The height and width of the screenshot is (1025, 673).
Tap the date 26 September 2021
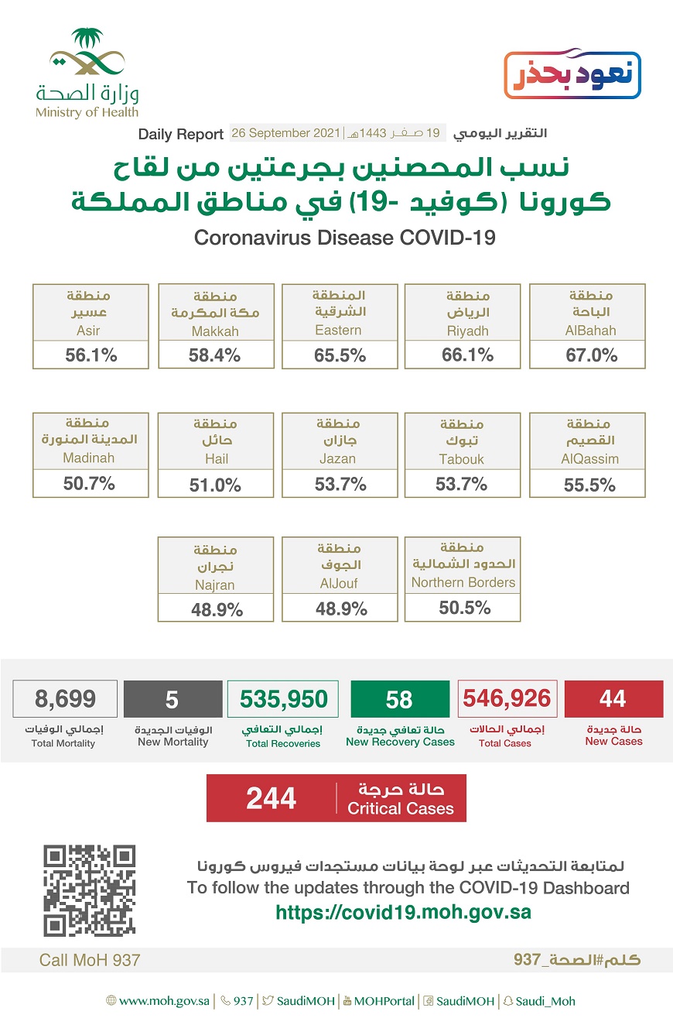[285, 133]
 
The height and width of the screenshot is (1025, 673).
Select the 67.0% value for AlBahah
[587, 355]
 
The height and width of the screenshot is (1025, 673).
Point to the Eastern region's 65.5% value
[340, 355]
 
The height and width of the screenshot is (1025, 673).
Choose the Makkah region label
[216, 331]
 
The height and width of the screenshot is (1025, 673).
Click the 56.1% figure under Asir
[91, 355]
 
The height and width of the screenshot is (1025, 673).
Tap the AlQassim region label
[587, 458]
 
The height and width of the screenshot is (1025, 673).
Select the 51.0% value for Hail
[216, 485]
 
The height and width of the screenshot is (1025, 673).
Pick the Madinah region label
[89, 458]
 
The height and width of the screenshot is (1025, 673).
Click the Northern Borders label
[463, 582]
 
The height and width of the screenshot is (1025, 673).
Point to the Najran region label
[216, 585]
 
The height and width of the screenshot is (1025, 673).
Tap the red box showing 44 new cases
[613, 698]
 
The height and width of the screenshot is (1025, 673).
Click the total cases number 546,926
[507, 698]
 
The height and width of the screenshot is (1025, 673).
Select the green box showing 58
[399, 699]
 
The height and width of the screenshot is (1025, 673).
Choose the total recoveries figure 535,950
[283, 699]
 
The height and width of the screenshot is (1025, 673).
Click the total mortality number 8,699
[65, 699]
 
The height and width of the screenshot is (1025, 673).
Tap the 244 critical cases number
[271, 798]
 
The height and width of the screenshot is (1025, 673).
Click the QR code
[89, 890]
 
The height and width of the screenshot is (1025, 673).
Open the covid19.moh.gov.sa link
[403, 911]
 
